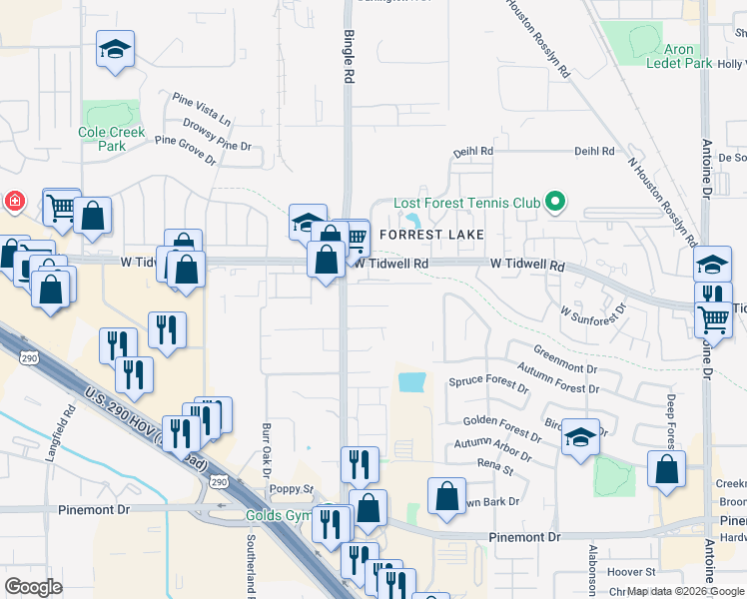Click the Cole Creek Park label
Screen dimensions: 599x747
click(x=112, y=139)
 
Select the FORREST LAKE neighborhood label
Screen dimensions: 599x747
click(x=431, y=235)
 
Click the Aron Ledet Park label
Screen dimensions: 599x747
click(x=674, y=56)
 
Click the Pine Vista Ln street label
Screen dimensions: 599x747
click(x=201, y=108)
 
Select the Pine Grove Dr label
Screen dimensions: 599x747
click(x=186, y=150)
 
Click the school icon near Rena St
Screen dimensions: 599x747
click(x=580, y=438)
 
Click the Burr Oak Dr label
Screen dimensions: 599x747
click(x=267, y=448)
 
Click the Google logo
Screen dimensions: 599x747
click(x=33, y=587)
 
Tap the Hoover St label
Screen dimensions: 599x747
click(x=635, y=572)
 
